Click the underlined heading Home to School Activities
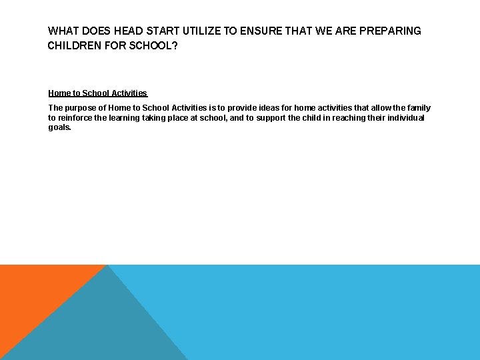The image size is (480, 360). pyautogui.click(x=97, y=93)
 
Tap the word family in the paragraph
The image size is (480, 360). pyautogui.click(x=417, y=108)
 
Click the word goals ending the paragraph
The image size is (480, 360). pyautogui.click(x=59, y=127)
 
